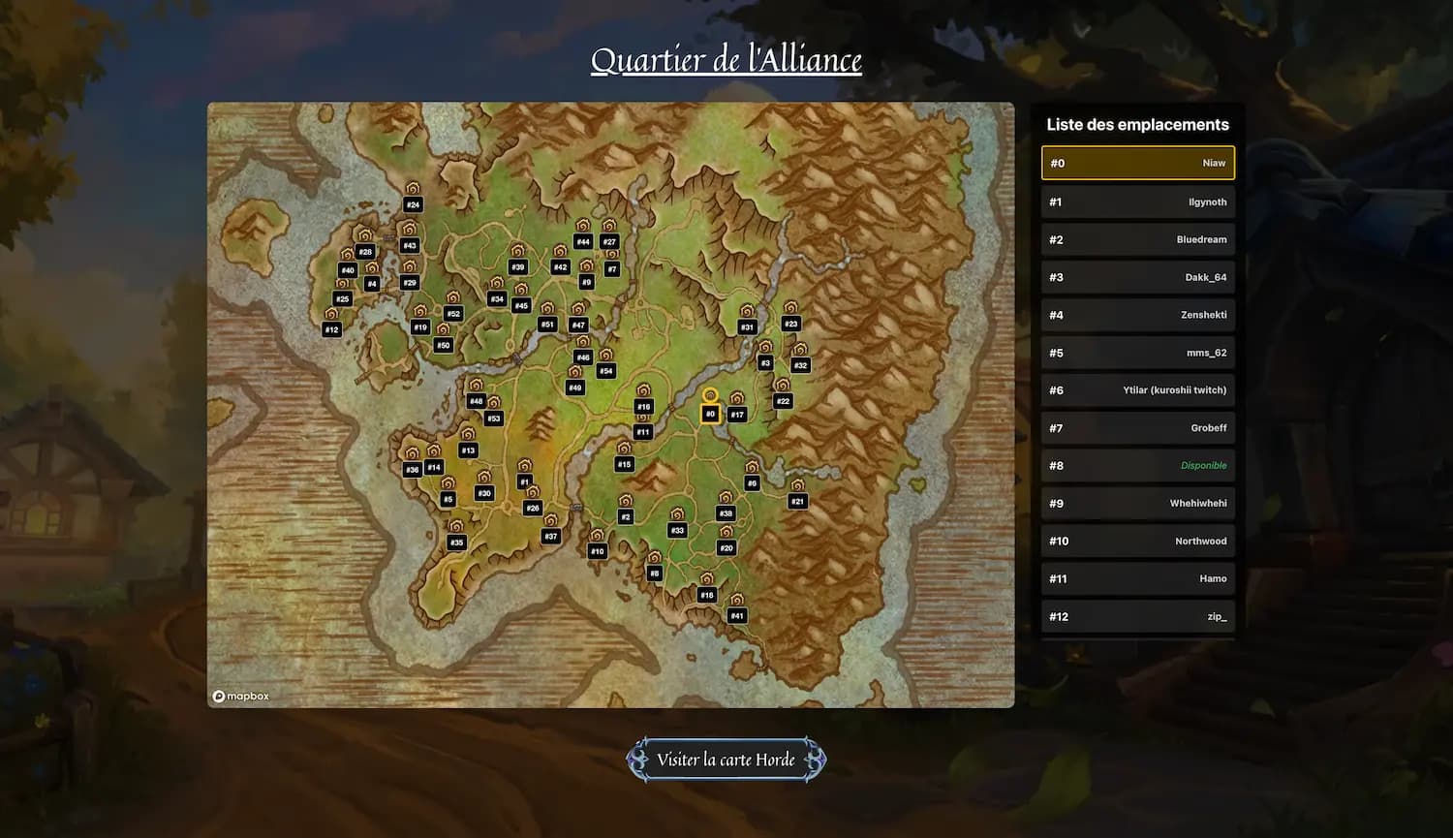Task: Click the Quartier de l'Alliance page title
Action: [x=726, y=60]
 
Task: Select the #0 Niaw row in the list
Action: [x=1137, y=163]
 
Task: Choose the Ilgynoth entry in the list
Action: [x=1137, y=202]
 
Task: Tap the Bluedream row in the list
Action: [x=1137, y=239]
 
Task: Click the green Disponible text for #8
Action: [x=1203, y=466]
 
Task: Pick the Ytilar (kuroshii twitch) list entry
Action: [x=1137, y=390]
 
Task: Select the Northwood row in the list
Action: [x=1137, y=541]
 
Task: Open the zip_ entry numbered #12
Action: [x=1137, y=616]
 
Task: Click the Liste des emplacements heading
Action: [x=1137, y=124]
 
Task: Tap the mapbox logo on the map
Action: [x=241, y=696]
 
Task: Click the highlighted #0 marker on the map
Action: [x=710, y=414]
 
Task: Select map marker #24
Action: [x=413, y=204]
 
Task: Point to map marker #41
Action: [x=737, y=615]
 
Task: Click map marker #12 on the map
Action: [x=331, y=329]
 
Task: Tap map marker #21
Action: [x=797, y=501]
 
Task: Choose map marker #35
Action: [x=456, y=543]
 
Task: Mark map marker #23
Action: [x=790, y=324]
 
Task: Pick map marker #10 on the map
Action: [x=597, y=551]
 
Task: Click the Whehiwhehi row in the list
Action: [x=1137, y=503]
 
